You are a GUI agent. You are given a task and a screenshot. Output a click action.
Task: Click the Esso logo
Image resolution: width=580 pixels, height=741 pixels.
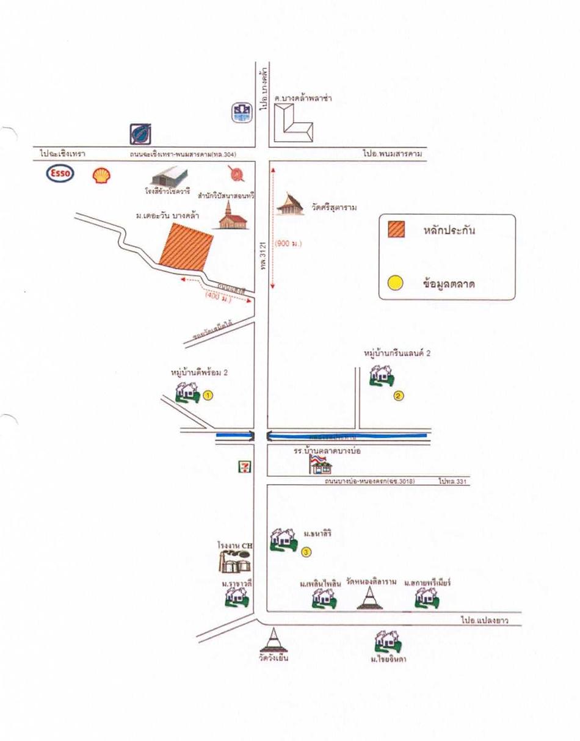pos(60,174)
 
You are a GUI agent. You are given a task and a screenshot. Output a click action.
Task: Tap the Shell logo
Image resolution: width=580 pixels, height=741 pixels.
pos(102,176)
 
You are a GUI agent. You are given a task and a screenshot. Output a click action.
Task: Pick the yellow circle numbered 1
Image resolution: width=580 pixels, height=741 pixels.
pos(208,395)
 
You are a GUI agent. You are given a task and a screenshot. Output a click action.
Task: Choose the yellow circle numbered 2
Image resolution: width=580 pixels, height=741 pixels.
pos(399,395)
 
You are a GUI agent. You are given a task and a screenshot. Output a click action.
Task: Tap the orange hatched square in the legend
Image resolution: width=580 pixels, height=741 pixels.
pos(397,231)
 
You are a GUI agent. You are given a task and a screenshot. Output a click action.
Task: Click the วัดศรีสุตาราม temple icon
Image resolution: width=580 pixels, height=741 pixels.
pos(290,205)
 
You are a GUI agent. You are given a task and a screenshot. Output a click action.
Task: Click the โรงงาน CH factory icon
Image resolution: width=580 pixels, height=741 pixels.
pos(235,560)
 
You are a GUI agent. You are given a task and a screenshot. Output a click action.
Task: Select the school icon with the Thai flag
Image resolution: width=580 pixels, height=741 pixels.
pos(321,464)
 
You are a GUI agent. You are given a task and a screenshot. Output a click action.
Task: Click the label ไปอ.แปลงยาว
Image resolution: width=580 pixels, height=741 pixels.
pos(484,621)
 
